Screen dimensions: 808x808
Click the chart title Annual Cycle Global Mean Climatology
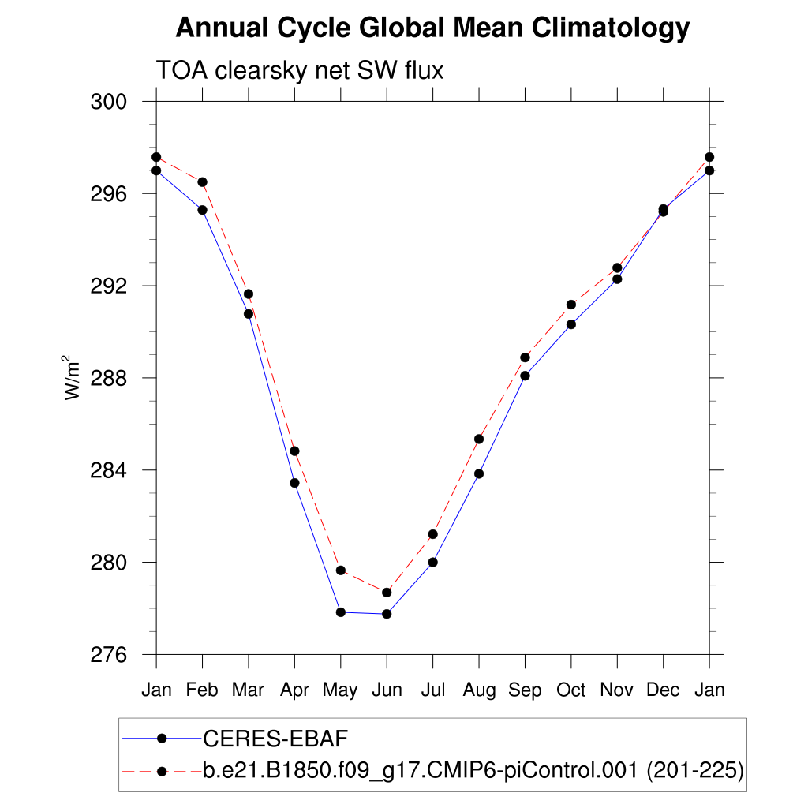point(432,28)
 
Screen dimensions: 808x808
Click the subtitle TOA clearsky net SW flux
point(300,70)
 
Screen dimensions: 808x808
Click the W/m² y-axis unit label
point(73,378)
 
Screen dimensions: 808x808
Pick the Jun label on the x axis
point(386,690)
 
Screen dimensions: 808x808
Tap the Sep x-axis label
point(525,690)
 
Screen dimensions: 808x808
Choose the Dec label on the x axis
point(663,690)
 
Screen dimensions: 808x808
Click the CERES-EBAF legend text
point(275,739)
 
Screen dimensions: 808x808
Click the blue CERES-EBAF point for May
point(341,612)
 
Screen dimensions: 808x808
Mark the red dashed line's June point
point(387,593)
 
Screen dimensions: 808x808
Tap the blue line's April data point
point(294,483)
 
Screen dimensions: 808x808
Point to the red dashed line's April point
point(294,451)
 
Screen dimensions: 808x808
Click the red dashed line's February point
point(203,182)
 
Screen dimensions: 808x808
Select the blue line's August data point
point(479,473)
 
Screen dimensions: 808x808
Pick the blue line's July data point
point(432,563)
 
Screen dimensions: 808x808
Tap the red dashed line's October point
point(570,305)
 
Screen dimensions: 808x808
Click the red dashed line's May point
point(341,570)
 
